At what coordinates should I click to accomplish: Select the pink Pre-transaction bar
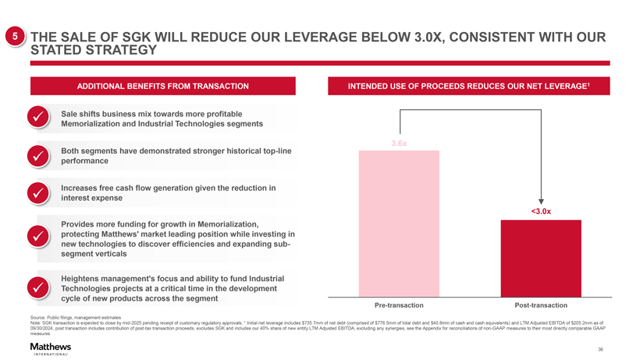pyautogui.click(x=399, y=223)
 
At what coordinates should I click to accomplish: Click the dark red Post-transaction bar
pyautogui.click(x=541, y=258)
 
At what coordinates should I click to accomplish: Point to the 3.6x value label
pyautogui.click(x=399, y=144)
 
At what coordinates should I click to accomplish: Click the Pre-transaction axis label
pyautogui.click(x=399, y=304)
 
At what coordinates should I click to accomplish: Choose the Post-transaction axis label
pyautogui.click(x=541, y=304)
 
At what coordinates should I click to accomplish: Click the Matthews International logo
pyautogui.click(x=50, y=348)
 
